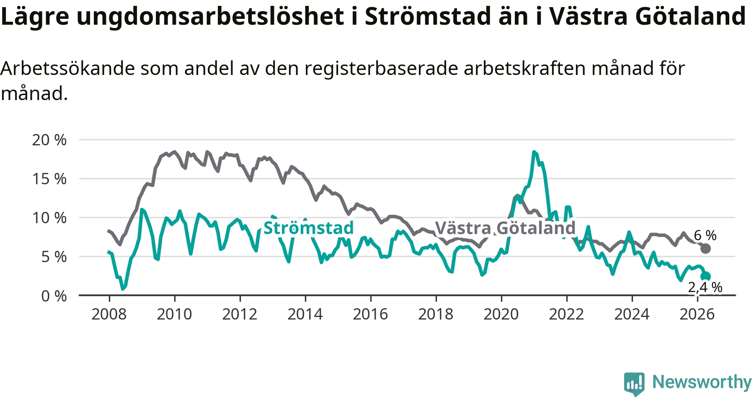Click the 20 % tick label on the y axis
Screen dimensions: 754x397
pos(49,140)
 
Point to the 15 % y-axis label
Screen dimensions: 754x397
pos(49,179)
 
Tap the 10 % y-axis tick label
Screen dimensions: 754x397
pos(49,218)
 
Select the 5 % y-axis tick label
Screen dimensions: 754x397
pos(54,257)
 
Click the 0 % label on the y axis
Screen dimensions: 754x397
pos(54,296)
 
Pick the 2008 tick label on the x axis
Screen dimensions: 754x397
pos(109,314)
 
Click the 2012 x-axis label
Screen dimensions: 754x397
pos(240,314)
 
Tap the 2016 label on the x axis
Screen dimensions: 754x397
pos(370,314)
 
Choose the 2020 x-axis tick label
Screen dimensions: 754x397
pos(501,314)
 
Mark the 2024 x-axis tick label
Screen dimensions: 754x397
pos(632,314)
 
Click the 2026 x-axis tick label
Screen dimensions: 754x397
pos(697,314)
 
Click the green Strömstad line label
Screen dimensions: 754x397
pos(309,228)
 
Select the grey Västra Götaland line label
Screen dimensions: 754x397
pos(505,228)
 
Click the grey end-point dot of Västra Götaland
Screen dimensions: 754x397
pos(705,248)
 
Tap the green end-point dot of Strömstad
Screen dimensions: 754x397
pos(706,276)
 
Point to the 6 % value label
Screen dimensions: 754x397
pos(705,235)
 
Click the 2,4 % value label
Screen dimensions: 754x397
pos(705,287)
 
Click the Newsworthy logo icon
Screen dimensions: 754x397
pos(634,383)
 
